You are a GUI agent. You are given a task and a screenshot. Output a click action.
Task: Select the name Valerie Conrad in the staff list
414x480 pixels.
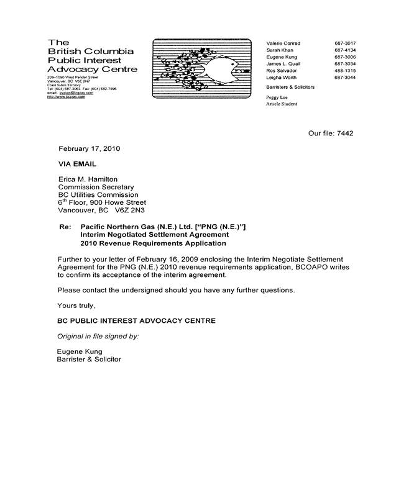point(283,43)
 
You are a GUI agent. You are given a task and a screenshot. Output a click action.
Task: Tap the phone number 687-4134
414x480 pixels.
point(345,50)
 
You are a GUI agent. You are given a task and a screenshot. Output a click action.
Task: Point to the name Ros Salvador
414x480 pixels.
point(282,71)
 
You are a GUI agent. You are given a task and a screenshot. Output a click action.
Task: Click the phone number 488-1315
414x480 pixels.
point(345,71)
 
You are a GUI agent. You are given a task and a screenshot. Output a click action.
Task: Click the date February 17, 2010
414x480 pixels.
point(89,149)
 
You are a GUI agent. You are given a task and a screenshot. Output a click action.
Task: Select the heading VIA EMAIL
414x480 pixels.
point(77,164)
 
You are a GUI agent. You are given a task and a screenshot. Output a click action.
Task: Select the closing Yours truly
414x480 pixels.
point(76,305)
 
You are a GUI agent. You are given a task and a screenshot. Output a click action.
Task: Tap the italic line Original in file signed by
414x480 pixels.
point(98,336)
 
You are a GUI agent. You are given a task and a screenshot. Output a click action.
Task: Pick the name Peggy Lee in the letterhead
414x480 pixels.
point(278,98)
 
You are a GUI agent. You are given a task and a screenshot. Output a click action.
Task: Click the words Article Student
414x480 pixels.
point(282,104)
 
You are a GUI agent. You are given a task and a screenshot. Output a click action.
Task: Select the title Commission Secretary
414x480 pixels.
point(96,187)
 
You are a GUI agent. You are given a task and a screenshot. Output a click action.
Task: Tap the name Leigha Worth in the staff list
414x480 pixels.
point(282,78)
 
